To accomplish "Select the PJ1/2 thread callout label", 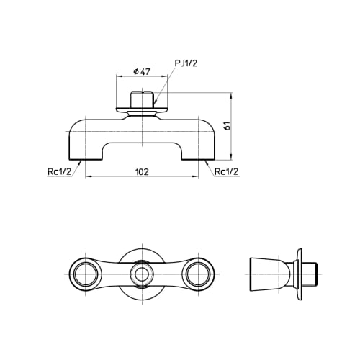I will pyautogui.click(x=185, y=63).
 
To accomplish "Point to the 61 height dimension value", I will pyautogui.click(x=227, y=126).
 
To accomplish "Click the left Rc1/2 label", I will pyautogui.click(x=58, y=171).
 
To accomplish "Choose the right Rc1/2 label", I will pyautogui.click(x=227, y=171).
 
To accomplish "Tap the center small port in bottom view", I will pyautogui.click(x=142, y=274).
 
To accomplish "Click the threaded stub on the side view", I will pyautogui.click(x=309, y=274).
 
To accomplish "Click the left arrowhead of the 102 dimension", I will pyautogui.click(x=88, y=176).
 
